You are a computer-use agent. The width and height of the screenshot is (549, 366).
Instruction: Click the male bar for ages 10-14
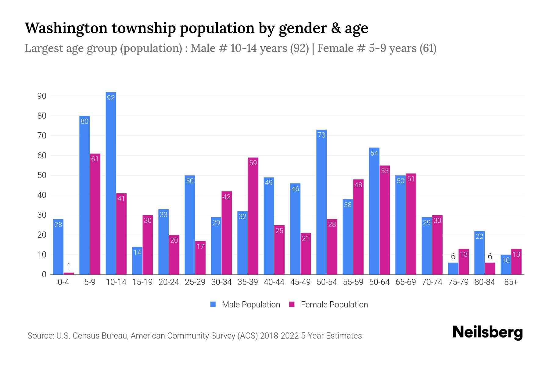pyautogui.click(x=111, y=183)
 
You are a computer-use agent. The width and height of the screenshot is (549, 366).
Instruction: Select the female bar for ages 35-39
pyautogui.click(x=253, y=216)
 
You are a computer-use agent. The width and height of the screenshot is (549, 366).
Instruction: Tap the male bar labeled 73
pyautogui.click(x=321, y=202)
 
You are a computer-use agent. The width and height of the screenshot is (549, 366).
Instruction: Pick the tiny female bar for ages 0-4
pyautogui.click(x=69, y=273)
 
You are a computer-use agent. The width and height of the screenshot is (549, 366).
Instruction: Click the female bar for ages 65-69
pyautogui.click(x=411, y=224)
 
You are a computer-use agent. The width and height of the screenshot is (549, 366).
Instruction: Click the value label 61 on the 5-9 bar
pyautogui.click(x=95, y=159)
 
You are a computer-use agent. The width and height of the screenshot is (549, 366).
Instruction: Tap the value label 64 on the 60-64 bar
pyautogui.click(x=374, y=153)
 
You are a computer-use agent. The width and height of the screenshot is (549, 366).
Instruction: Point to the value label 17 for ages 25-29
pyautogui.click(x=200, y=246)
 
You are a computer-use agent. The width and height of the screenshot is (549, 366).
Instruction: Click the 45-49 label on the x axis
pyautogui.click(x=300, y=282)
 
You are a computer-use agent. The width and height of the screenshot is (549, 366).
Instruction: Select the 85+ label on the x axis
pyautogui.click(x=511, y=282)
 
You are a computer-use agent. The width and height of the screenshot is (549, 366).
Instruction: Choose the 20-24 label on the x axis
pyautogui.click(x=169, y=282)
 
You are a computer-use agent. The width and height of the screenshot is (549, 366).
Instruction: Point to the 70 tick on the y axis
pyautogui.click(x=42, y=136)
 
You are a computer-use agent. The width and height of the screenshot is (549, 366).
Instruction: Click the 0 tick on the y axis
pyautogui.click(x=44, y=274)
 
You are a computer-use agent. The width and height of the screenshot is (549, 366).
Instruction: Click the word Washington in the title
pyautogui.click(x=66, y=28)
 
